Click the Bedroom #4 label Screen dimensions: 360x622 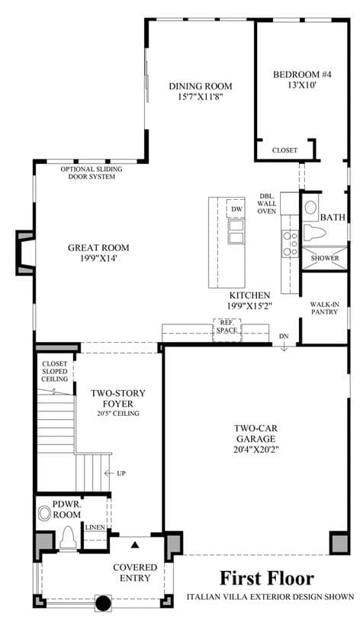[302, 74]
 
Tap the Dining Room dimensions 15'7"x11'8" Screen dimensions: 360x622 [201, 96]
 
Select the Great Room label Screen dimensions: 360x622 [98, 248]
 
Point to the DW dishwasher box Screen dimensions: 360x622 [236, 208]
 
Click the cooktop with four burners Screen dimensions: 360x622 [290, 243]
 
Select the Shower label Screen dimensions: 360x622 [325, 258]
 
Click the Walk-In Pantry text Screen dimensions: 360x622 [324, 308]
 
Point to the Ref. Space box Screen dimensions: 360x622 [227, 330]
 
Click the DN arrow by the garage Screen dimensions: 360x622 [284, 347]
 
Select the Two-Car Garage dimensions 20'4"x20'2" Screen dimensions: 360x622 [256, 450]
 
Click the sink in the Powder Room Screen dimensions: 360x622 [44, 514]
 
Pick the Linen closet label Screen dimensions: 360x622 [95, 527]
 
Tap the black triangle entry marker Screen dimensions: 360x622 [136, 545]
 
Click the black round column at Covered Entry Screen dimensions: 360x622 [103, 604]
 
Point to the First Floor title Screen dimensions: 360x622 [267, 578]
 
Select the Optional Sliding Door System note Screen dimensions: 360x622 [92, 173]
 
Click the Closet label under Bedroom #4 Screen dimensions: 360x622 [284, 150]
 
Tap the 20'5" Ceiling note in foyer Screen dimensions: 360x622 [118, 414]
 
